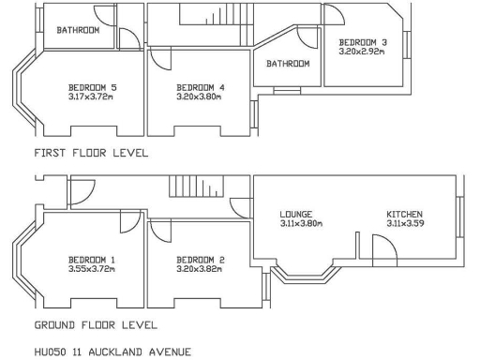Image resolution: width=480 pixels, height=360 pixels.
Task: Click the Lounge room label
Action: tap(296, 214)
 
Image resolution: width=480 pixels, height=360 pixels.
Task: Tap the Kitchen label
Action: tap(405, 214)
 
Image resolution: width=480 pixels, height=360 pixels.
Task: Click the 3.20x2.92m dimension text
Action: tap(363, 52)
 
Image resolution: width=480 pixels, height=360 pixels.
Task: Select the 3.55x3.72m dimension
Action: tap(92, 269)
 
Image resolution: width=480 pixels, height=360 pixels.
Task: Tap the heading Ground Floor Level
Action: tap(96, 325)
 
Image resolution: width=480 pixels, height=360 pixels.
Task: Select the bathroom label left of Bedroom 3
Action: tap(288, 64)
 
